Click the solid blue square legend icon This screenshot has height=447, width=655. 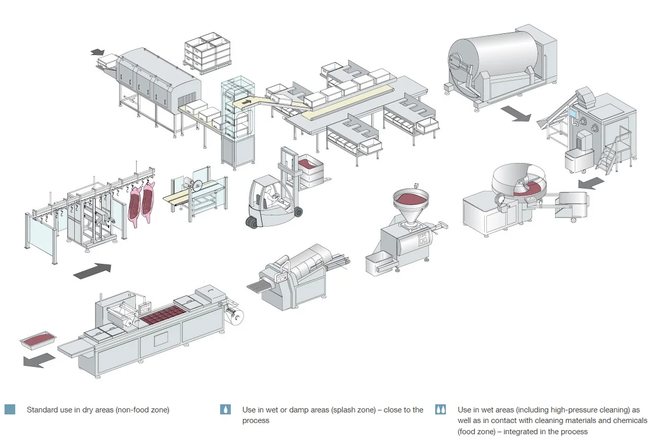pyautogui.click(x=10, y=409)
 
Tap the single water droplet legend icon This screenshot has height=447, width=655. pyautogui.click(x=225, y=409)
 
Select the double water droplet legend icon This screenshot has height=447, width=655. pyautogui.click(x=440, y=409)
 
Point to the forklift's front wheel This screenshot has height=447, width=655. pyautogui.click(x=298, y=212)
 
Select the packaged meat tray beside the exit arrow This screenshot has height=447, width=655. pyautogui.click(x=38, y=340)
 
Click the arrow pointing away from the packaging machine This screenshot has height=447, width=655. pyautogui.click(x=39, y=360)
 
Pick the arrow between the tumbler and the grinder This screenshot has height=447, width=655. pyautogui.click(x=516, y=113)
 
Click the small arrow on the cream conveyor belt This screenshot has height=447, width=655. pyautogui.click(x=247, y=102)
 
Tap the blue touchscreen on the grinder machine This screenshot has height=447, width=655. pyautogui.click(x=574, y=113)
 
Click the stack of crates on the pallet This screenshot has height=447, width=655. pyautogui.click(x=207, y=53)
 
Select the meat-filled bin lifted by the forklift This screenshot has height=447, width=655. pyautogui.click(x=310, y=171)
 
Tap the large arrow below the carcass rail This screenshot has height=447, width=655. pyautogui.click(x=92, y=271)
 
